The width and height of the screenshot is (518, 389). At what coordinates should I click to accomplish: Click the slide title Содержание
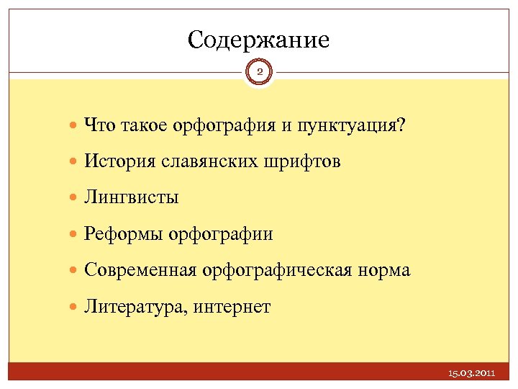point(258,39)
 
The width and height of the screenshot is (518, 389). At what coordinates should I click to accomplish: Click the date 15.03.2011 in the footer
point(471,374)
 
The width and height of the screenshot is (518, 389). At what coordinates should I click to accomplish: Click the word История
point(116,162)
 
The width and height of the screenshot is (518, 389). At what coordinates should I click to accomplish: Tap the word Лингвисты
point(131,197)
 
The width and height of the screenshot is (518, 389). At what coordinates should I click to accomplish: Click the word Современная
point(140,270)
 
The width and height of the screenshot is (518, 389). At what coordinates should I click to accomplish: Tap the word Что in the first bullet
point(97,125)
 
